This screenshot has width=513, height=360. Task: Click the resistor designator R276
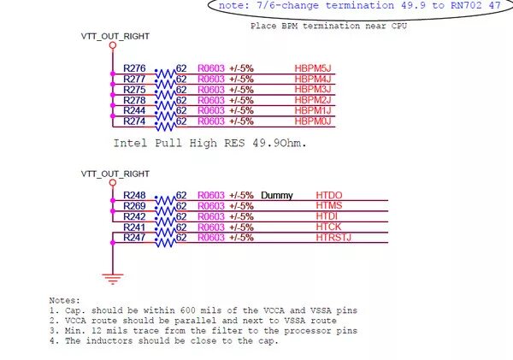[134, 68]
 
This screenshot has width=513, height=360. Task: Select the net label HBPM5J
[312, 68]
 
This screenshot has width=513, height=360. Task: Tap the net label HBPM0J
[312, 121]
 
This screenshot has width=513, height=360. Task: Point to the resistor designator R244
[134, 110]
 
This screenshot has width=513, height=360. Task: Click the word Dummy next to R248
[276, 195]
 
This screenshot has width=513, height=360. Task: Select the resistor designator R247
[134, 237]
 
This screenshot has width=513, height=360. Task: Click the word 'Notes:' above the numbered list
[65, 300]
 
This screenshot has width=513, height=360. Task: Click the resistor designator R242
[134, 216]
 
